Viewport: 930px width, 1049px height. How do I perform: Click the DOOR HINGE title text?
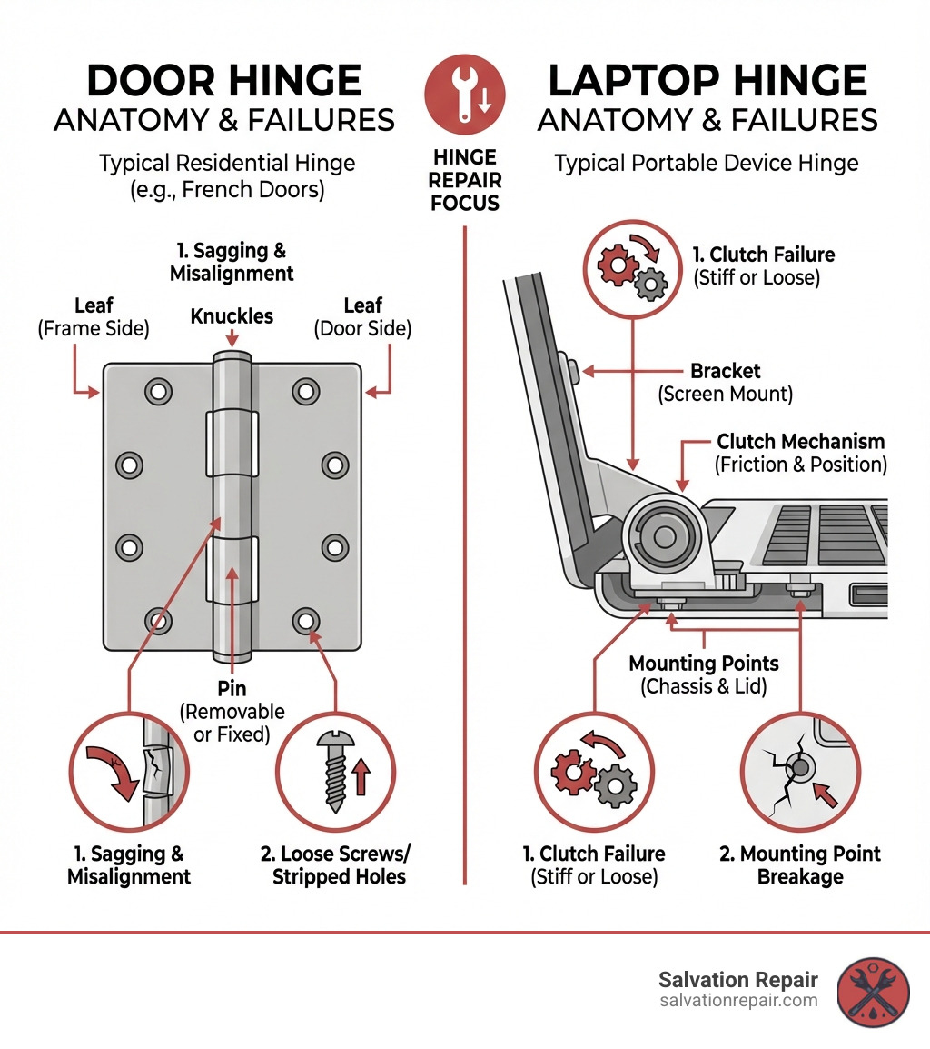point(223,82)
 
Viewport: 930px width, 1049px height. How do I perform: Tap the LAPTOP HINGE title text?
point(707,82)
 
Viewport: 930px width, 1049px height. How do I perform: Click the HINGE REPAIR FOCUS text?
point(465,180)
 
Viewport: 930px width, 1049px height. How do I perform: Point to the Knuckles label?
point(232,316)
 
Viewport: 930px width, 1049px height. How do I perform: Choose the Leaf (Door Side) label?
point(363,316)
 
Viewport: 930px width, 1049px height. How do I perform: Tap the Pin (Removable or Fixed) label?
point(232,712)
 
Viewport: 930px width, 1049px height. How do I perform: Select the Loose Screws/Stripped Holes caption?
point(340,865)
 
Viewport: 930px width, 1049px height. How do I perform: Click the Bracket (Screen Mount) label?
point(726,383)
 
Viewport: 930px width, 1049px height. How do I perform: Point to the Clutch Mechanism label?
point(800,452)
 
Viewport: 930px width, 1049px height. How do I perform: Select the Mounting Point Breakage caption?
point(799,865)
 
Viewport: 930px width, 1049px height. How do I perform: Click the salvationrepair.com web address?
point(738,1001)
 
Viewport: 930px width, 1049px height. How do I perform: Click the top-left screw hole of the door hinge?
point(158,392)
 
